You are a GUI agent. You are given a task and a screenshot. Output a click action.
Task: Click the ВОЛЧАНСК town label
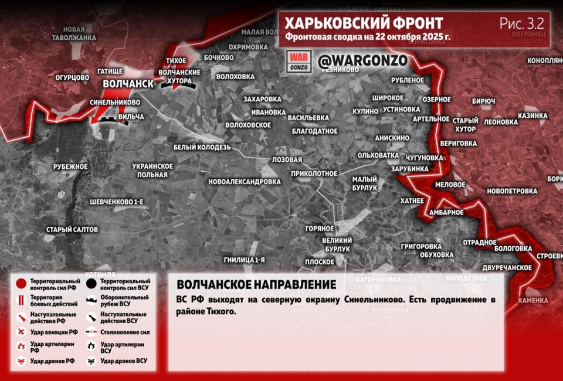click(x=128, y=84)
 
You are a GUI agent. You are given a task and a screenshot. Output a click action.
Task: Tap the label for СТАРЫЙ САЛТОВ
click(x=72, y=229)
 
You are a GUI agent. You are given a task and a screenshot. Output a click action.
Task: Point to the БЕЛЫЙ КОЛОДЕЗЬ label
click(x=202, y=147)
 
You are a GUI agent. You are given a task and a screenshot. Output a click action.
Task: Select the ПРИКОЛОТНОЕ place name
click(x=314, y=174)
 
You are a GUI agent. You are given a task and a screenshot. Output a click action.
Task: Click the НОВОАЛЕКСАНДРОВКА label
click(x=245, y=182)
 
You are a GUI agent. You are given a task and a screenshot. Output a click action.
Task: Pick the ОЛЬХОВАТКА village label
click(x=378, y=155)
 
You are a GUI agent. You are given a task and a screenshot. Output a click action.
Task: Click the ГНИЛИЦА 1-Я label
click(x=245, y=259)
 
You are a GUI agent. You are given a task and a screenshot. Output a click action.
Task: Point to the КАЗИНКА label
click(x=533, y=115)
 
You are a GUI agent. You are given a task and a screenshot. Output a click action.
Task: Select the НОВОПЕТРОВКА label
click(x=511, y=191)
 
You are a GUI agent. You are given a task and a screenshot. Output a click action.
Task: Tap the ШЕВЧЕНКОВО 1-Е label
click(x=117, y=202)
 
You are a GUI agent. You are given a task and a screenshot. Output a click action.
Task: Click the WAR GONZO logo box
click(x=298, y=62)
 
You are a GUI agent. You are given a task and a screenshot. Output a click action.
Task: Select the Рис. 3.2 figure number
click(x=521, y=23)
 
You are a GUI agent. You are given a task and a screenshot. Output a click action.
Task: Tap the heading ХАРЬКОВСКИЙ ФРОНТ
click(x=364, y=23)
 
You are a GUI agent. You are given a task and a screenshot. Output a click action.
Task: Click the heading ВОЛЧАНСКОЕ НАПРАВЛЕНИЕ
click(x=256, y=285)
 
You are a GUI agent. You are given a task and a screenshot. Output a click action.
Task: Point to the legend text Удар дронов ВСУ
click(x=124, y=360)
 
